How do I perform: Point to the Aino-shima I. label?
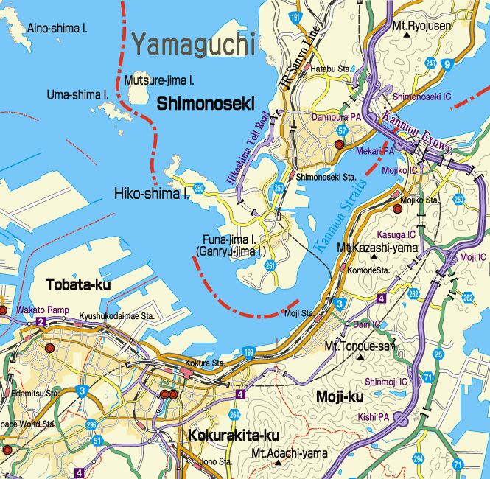(x=57, y=28)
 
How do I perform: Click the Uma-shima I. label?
(x=77, y=94)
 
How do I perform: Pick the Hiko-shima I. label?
(x=153, y=194)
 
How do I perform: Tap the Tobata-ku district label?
(x=78, y=284)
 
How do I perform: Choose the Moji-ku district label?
(x=340, y=397)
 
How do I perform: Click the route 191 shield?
(x=295, y=16)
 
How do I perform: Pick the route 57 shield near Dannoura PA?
(x=342, y=130)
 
